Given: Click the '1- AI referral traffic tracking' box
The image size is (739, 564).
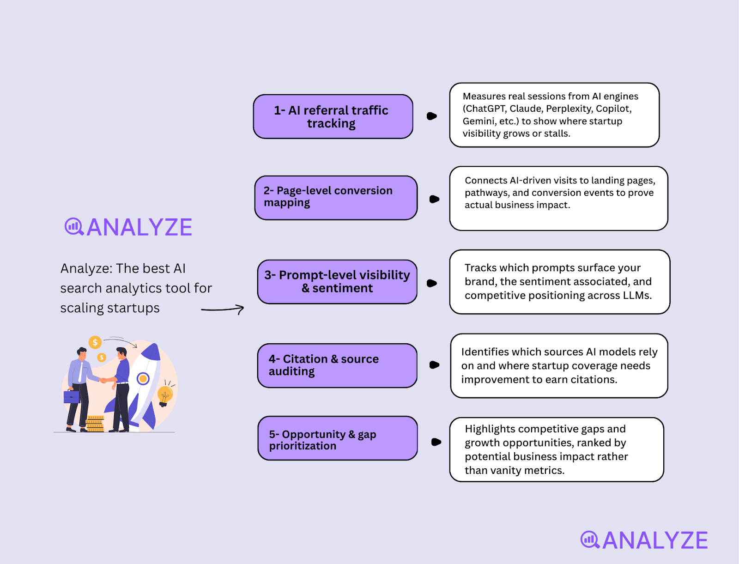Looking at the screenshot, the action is (x=333, y=116).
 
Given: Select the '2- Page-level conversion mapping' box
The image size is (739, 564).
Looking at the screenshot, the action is (x=336, y=198).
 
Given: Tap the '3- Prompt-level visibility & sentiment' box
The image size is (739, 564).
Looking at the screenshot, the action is (x=337, y=282).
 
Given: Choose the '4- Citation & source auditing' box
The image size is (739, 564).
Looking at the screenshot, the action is (x=337, y=366).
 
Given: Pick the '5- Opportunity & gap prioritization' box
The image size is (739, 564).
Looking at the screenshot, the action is (x=337, y=438).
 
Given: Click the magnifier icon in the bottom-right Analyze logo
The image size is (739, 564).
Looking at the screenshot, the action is (x=590, y=540).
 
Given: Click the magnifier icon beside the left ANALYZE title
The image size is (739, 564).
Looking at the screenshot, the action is (x=74, y=227).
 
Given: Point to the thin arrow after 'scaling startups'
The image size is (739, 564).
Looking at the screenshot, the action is (x=223, y=309).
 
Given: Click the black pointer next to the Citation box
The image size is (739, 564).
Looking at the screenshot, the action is (x=434, y=364).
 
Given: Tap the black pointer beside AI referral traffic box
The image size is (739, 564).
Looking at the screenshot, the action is (x=431, y=116).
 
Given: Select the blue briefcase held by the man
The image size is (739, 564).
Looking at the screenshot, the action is (x=72, y=396).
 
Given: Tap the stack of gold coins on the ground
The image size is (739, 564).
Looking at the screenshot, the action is (x=95, y=424).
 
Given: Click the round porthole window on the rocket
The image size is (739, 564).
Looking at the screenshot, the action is (x=143, y=379).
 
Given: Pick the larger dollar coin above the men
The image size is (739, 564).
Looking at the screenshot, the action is (x=95, y=342).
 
